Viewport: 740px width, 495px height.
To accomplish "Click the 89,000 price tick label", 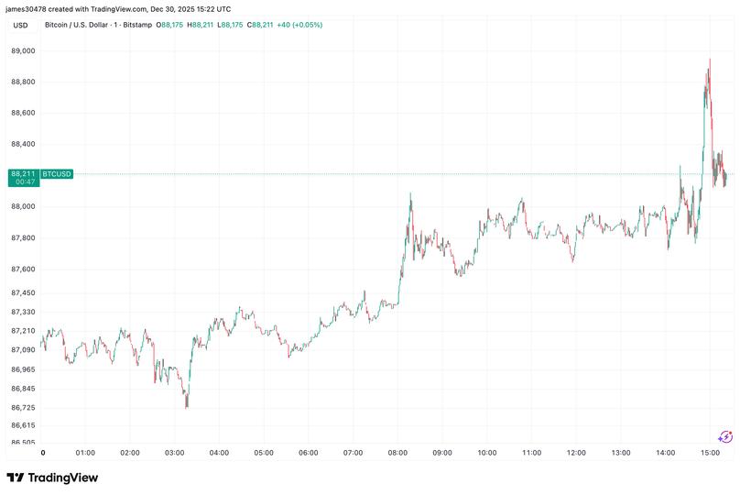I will [23, 51].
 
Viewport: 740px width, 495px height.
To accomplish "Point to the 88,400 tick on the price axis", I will [23, 144].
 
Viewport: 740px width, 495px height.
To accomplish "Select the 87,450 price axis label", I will [23, 292].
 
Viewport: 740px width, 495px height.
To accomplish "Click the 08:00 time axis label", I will [398, 453].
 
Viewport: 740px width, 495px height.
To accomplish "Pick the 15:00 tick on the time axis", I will [711, 453].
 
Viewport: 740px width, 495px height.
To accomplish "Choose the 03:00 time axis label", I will [175, 453].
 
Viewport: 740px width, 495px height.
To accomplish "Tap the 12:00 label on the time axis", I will [577, 453].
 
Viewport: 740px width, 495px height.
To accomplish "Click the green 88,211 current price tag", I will [23, 173].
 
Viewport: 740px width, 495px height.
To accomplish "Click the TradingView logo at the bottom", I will [52, 478].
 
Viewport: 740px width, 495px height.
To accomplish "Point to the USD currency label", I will [20, 25].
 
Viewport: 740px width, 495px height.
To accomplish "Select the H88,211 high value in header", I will [201, 25].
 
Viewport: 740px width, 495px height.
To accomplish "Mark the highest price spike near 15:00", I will [709, 60].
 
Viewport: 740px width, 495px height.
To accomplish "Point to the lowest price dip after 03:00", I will [187, 406].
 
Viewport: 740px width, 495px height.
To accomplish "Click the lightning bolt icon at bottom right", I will [725, 437].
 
